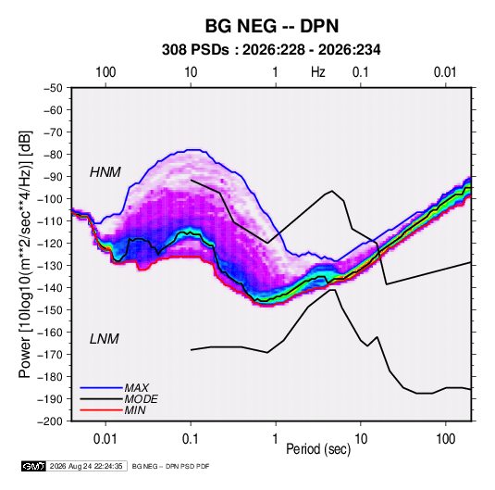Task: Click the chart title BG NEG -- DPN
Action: [x=272, y=26]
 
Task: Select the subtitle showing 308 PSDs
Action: [x=271, y=50]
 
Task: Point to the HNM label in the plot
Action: [x=105, y=172]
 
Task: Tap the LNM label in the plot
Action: [x=105, y=339]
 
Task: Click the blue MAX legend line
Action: [x=101, y=388]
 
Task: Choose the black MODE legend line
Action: [x=101, y=399]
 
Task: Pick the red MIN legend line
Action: [x=101, y=410]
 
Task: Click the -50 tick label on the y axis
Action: [x=53, y=88]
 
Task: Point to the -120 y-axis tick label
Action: [x=50, y=244]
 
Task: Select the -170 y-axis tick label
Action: [x=50, y=355]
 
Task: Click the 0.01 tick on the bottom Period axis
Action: [x=105, y=439]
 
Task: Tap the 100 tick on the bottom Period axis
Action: [x=445, y=439]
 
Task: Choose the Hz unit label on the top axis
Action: [x=318, y=72]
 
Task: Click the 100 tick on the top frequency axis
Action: [x=105, y=72]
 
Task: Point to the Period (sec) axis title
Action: [x=318, y=449]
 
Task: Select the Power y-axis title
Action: [x=25, y=254]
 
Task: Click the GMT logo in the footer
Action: [x=34, y=466]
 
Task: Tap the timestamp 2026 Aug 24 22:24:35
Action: [x=86, y=466]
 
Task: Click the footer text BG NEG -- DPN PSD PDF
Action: [x=170, y=466]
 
